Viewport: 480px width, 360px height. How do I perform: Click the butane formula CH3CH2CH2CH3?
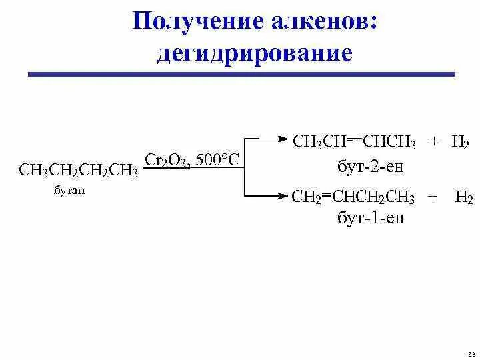pos(79,171)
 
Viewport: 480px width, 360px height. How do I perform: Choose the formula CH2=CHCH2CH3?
pos(353,198)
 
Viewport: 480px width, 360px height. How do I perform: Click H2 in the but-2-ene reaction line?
pos(461,143)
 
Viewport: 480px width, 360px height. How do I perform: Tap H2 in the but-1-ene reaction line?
pos(464,198)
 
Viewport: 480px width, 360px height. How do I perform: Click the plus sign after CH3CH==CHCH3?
pos(435,143)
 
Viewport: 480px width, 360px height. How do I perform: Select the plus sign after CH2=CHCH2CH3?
pos(434,198)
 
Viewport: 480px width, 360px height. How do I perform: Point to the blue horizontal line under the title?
pos(241,74)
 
